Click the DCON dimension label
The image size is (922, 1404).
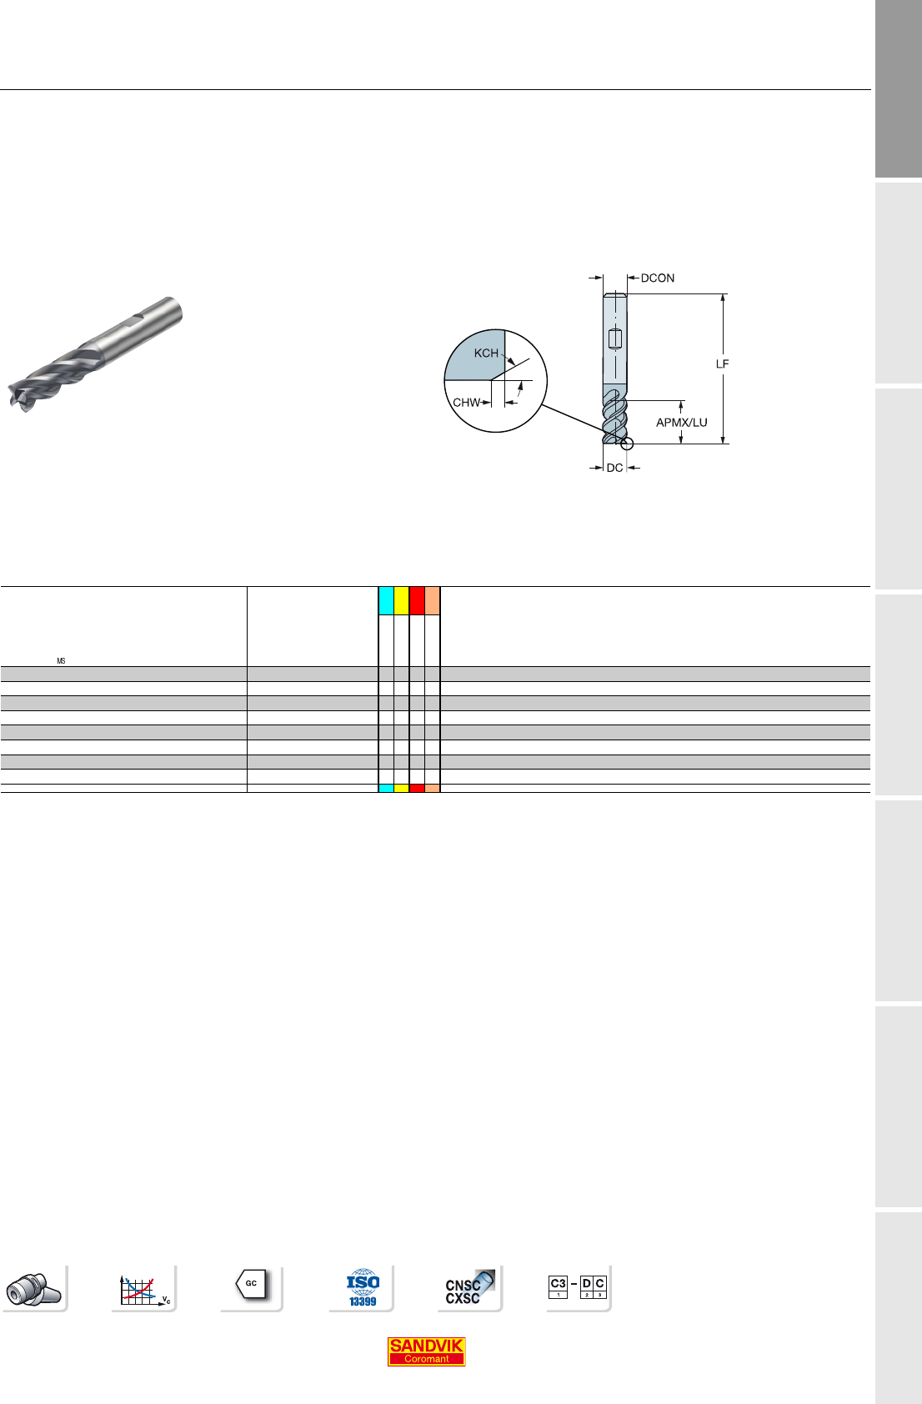click(x=658, y=278)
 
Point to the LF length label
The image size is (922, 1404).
click(x=722, y=364)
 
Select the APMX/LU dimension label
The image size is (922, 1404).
click(x=681, y=423)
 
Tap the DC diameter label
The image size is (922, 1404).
click(x=614, y=468)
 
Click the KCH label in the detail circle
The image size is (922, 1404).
click(x=486, y=353)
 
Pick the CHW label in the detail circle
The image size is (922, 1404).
click(x=466, y=403)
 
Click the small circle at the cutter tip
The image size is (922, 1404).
click(x=627, y=444)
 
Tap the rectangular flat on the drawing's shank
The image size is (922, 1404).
click(x=615, y=338)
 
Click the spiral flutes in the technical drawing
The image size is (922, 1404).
click(x=614, y=416)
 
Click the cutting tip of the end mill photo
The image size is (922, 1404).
click(x=20, y=396)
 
